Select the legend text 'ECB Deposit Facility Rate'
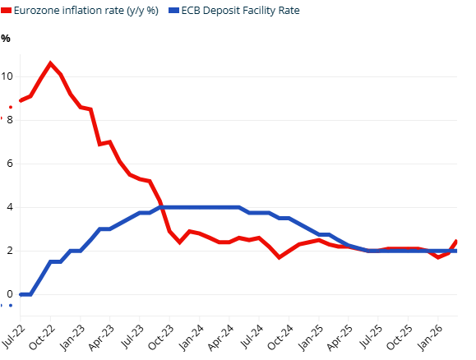coord(241,11)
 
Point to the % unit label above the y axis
coord(6,39)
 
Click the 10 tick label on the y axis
coord(7,76)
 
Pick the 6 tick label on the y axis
coord(10,164)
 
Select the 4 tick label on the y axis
coord(10,207)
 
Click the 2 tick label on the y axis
coord(10,251)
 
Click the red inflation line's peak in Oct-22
coord(50,63)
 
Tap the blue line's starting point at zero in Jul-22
coord(21,293)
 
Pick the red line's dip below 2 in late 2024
coord(280,257)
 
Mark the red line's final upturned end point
coord(456,241)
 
